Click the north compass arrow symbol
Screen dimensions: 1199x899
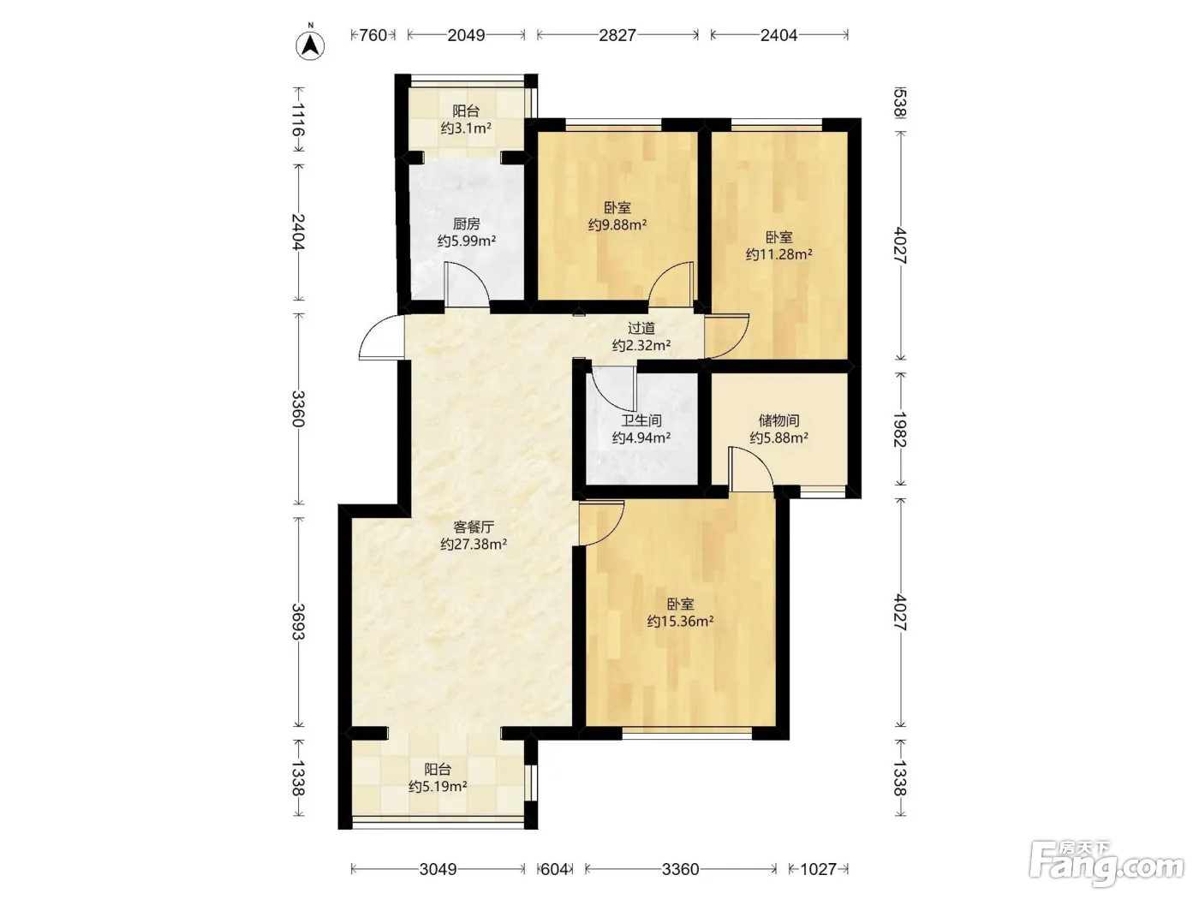(310, 45)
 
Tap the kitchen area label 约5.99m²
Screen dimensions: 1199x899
(467, 241)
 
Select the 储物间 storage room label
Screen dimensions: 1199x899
(779, 420)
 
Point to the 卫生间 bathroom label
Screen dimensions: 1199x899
(641, 420)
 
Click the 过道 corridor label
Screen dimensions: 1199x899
(641, 328)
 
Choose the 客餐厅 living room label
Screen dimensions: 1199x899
(474, 527)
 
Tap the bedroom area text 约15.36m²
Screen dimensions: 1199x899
(681, 622)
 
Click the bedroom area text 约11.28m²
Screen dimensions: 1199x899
(779, 254)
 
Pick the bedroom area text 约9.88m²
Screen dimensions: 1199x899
(617, 224)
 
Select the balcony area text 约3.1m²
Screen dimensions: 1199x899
(466, 128)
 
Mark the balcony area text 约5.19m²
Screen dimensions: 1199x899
(438, 787)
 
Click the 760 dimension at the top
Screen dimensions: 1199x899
(373, 35)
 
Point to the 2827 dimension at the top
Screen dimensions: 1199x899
(617, 35)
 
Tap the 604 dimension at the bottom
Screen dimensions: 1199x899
(554, 869)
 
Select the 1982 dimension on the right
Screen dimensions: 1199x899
(899, 430)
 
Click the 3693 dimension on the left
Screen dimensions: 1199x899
(298, 622)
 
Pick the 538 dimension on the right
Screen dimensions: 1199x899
(899, 103)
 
